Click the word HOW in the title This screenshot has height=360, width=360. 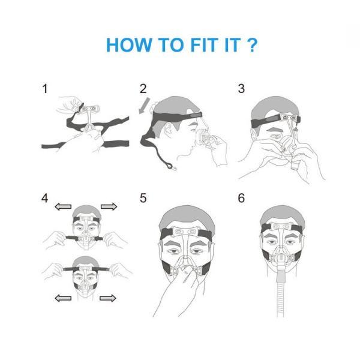tap(129, 45)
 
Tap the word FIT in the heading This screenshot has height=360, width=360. tap(205, 45)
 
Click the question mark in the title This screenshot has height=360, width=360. tap(253, 45)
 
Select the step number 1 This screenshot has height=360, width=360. tap(45, 89)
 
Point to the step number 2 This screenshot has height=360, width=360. tap(143, 89)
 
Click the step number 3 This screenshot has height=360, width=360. tap(241, 89)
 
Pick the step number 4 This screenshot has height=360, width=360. tap(45, 198)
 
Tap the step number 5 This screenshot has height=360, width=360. tap(143, 198)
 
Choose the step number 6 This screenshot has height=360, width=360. tap(241, 198)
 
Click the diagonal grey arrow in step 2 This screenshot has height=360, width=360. tap(145, 106)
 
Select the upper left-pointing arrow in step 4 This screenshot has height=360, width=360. tap(63, 206)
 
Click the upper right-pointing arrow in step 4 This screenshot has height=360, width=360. tap(109, 206)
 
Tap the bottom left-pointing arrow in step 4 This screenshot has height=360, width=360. tap(63, 298)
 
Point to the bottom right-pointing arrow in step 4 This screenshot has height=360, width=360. tap(108, 298)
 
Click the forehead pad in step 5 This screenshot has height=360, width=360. tap(186, 232)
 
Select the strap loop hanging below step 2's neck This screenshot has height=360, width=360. tap(169, 166)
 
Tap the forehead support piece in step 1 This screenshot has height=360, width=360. tap(89, 109)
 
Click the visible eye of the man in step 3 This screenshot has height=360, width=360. tap(276, 137)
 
